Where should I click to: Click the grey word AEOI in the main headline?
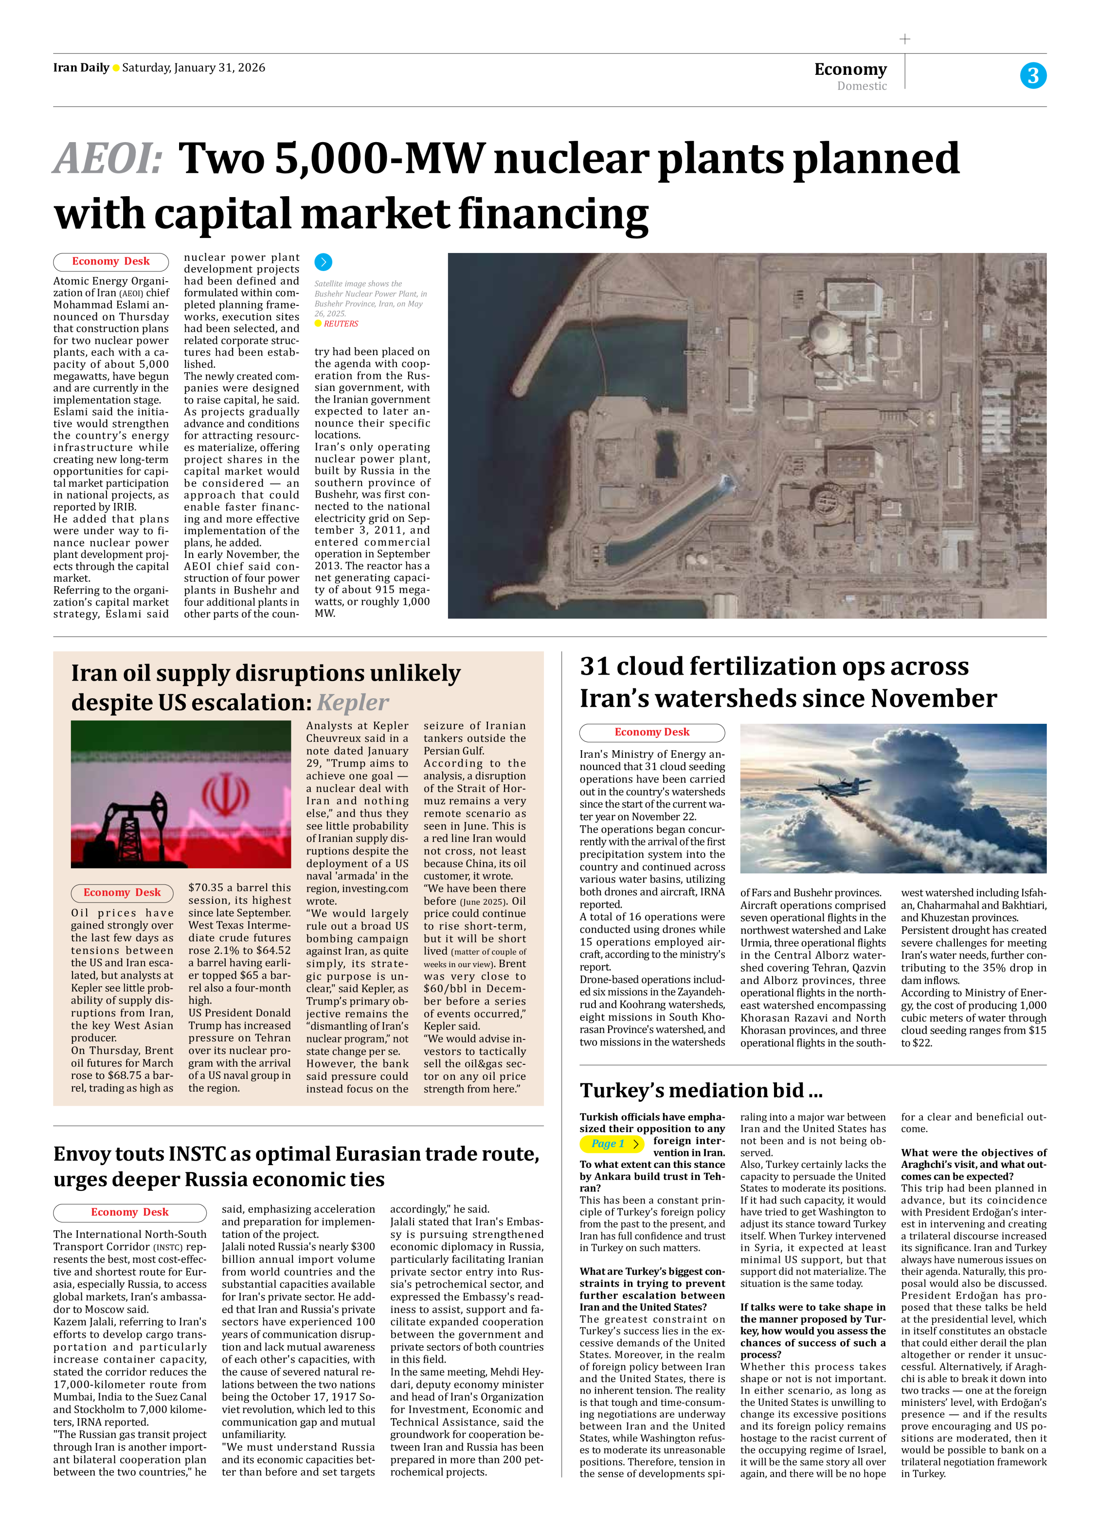[108, 159]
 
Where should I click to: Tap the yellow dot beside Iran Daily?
[116, 68]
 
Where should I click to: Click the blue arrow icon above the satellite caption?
[323, 262]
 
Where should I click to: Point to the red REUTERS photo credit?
[341, 323]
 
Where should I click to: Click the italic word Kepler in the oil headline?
[352, 702]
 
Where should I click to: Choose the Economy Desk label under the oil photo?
[122, 892]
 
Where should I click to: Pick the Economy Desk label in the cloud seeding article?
[652, 732]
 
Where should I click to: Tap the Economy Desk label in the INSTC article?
[129, 1212]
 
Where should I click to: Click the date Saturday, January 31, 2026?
[194, 68]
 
